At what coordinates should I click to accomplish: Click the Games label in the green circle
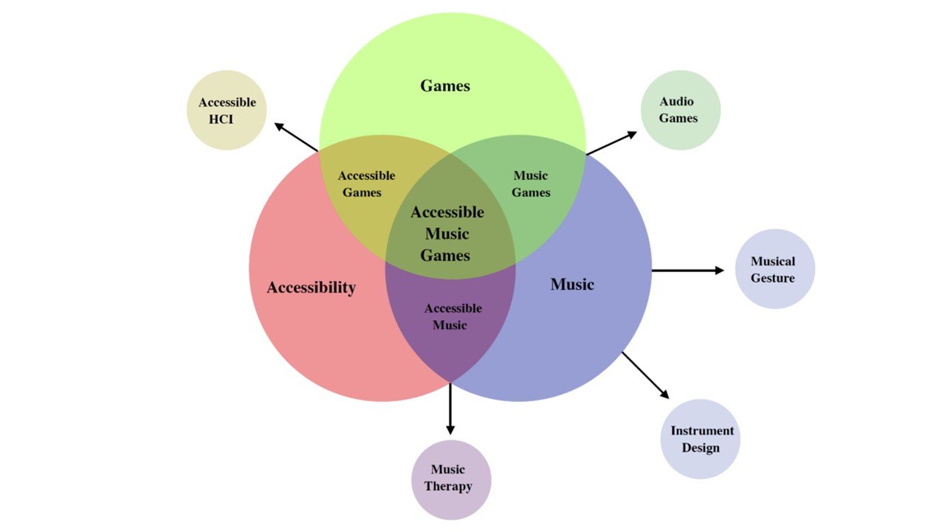click(445, 86)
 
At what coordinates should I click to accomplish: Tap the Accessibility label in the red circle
click(311, 288)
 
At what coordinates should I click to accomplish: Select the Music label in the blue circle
click(572, 284)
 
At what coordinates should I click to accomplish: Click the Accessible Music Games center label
click(447, 234)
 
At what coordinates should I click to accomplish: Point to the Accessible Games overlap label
click(366, 184)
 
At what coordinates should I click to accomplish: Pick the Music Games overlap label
click(531, 184)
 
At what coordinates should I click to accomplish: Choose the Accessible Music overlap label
click(453, 316)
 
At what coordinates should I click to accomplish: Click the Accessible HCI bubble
click(227, 111)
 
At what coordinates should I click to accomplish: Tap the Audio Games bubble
click(680, 110)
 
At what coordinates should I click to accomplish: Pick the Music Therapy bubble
click(451, 479)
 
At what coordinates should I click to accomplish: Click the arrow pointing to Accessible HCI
click(296, 137)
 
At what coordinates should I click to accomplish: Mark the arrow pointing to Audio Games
click(611, 143)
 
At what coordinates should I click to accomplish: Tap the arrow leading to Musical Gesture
click(687, 271)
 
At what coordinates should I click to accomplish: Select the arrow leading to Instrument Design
click(645, 375)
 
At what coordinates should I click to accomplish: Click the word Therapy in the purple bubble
click(448, 487)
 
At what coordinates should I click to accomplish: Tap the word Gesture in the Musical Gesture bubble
click(773, 278)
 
